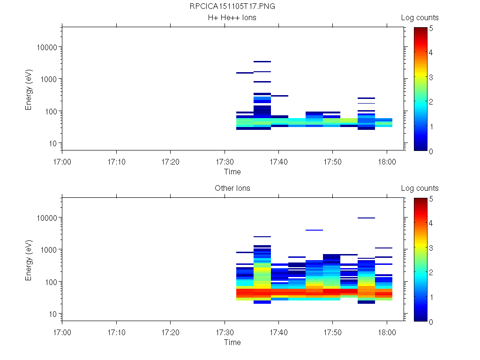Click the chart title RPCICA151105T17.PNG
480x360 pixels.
point(232,7)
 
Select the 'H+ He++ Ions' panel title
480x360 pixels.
point(232,18)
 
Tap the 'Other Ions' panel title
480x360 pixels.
point(232,188)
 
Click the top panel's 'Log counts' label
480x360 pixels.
point(420,18)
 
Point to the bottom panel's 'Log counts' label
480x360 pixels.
point(420,188)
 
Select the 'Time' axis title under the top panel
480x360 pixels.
point(232,172)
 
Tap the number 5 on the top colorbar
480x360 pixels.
point(430,28)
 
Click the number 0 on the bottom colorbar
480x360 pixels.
point(430,322)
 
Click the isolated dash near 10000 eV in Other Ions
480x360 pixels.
point(366,218)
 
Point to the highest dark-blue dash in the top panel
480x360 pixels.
point(262,61)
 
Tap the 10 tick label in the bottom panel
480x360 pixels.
point(53,314)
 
